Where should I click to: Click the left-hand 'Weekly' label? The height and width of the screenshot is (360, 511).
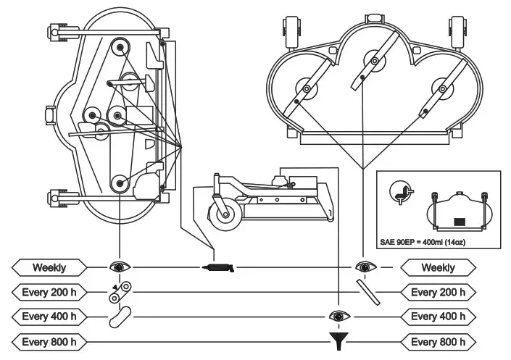49,267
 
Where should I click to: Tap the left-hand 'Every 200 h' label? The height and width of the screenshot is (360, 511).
49,292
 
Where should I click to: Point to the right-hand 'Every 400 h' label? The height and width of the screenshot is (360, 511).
438,317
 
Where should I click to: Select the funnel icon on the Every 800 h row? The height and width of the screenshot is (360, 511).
336,340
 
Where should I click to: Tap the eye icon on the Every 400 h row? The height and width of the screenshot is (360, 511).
336,316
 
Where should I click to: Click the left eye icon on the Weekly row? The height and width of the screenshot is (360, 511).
118,267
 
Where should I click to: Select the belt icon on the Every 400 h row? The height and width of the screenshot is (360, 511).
119,316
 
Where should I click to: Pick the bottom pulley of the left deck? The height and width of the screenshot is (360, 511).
118,184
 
